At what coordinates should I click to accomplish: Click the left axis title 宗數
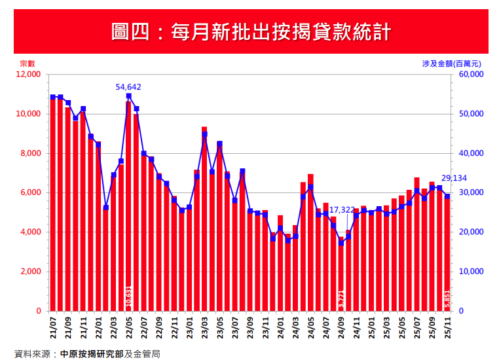tap(27, 64)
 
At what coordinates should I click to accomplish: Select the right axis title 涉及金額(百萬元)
tap(451, 64)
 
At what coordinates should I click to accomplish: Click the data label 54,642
tap(128, 86)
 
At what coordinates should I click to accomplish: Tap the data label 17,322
tap(342, 209)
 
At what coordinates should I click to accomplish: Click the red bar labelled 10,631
tap(128, 209)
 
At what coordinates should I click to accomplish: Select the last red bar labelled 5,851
tap(447, 255)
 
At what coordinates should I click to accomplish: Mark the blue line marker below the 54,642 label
tap(128, 96)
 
